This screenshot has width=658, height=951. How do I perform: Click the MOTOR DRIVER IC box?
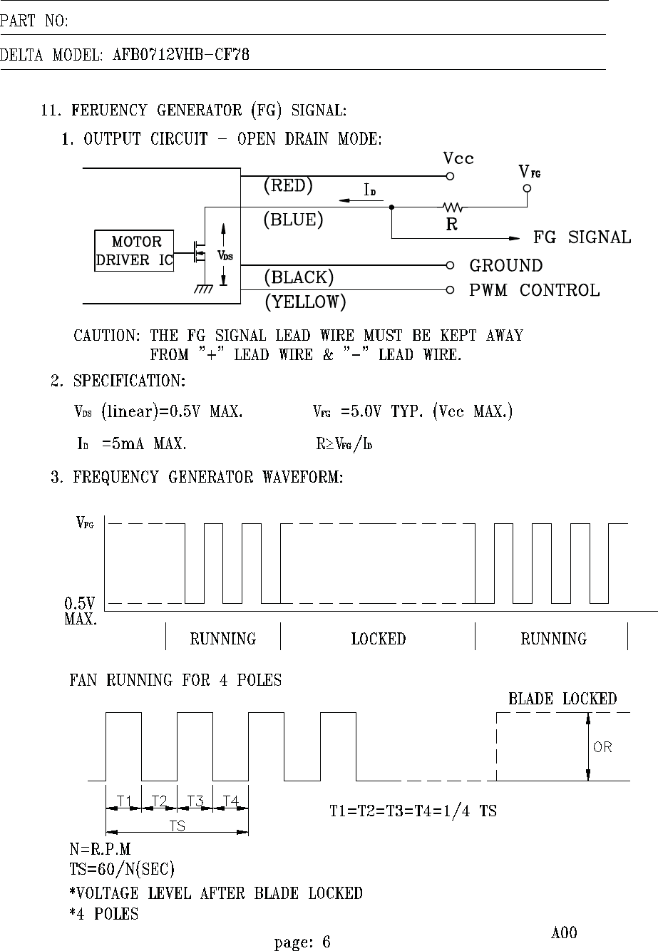pos(135,251)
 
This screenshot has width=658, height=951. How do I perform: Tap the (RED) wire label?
pos(288,186)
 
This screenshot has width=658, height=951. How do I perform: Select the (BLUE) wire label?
pos(293,220)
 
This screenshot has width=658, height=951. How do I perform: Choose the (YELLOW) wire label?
pos(305,302)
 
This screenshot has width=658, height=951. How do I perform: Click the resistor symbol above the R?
pos(453,207)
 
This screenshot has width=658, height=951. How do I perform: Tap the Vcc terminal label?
pos(458,158)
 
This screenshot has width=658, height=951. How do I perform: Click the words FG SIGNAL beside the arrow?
pos(582,237)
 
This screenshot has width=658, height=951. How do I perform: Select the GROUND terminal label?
pos(505,266)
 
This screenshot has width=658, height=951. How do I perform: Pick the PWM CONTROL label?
pos(534,290)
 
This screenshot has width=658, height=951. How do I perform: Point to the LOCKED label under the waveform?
pos(378,639)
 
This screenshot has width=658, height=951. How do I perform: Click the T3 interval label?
pos(195,801)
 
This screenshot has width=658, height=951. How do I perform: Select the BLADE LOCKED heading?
pos(562,699)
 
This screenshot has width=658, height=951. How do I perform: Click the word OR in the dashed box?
pos(602,747)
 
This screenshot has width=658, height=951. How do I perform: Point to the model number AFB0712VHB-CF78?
pos(181,54)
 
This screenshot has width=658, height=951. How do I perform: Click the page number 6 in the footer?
pos(326,942)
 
